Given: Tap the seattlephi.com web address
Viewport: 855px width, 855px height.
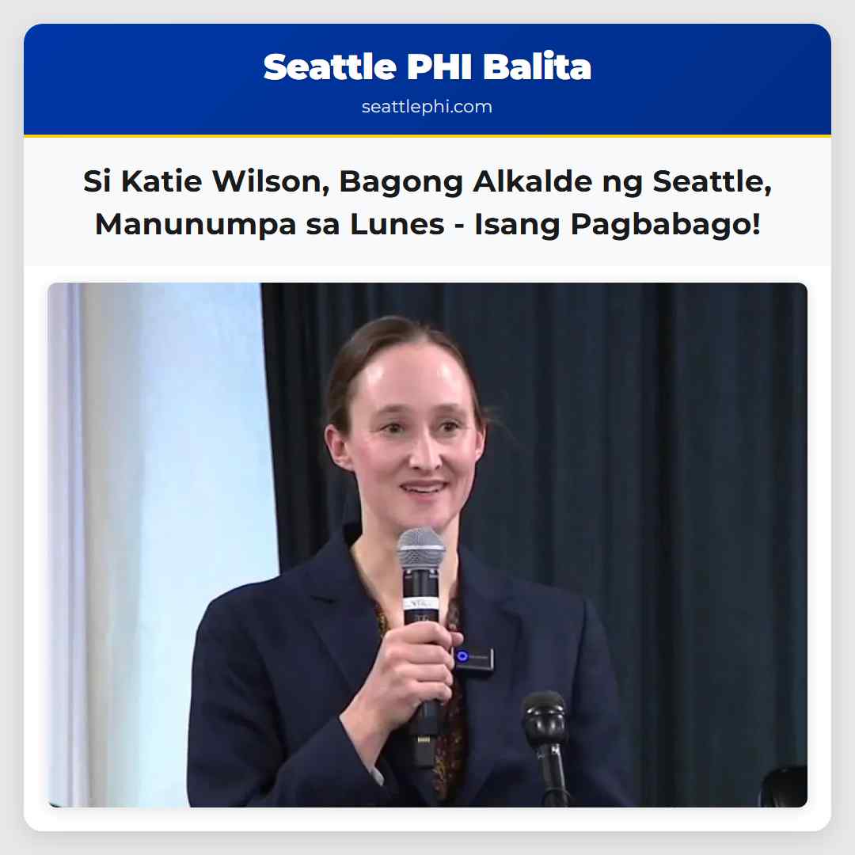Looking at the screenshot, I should click(x=427, y=107).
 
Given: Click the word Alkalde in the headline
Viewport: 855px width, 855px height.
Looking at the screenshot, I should click(x=526, y=183).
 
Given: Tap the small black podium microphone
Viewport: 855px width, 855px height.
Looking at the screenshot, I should click(x=544, y=712).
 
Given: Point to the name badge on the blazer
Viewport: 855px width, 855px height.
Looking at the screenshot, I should click(x=473, y=657).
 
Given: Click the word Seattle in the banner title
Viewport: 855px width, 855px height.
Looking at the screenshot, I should click(x=330, y=67).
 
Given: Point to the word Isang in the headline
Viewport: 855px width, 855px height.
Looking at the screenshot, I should click(x=516, y=224).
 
